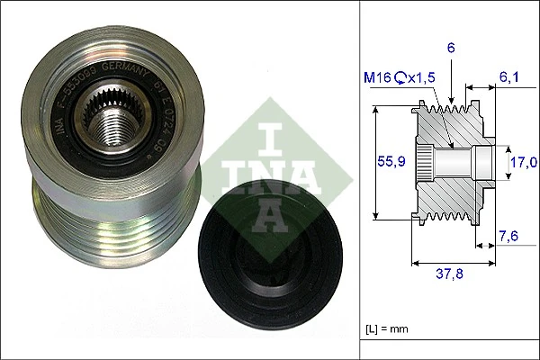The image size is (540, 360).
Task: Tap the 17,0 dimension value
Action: point(523,162)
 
